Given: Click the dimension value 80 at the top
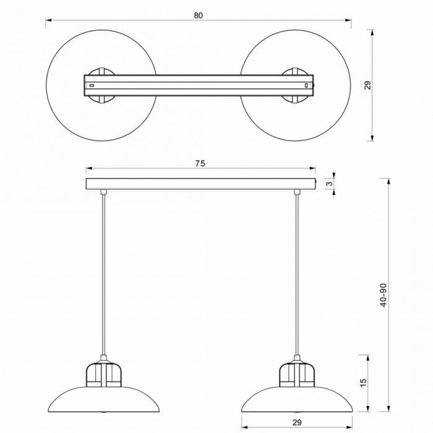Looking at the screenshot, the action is click(x=198, y=15).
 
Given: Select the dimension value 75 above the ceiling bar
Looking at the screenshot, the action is click(x=200, y=163).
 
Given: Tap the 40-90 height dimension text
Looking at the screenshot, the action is click(x=384, y=295).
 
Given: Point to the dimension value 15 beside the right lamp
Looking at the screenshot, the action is click(x=364, y=383).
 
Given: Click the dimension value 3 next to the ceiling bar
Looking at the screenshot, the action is click(x=330, y=184).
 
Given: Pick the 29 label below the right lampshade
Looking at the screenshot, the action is click(x=297, y=422).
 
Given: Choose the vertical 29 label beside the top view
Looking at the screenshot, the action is click(x=367, y=85).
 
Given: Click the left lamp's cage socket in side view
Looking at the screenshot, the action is click(x=103, y=374).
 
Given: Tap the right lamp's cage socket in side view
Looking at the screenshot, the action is click(x=297, y=374).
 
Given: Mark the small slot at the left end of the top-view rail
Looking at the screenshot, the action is click(x=92, y=85).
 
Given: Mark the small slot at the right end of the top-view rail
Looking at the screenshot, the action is click(x=306, y=85).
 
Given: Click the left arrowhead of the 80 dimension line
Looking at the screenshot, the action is click(x=49, y=20).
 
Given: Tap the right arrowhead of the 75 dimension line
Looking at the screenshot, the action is click(x=312, y=168).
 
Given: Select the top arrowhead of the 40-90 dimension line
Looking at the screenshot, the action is click(x=389, y=181).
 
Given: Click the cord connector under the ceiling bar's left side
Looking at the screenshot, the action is click(x=103, y=192).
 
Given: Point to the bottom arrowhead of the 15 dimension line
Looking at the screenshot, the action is click(x=368, y=408).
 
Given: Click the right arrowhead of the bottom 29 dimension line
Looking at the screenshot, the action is click(x=349, y=427).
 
